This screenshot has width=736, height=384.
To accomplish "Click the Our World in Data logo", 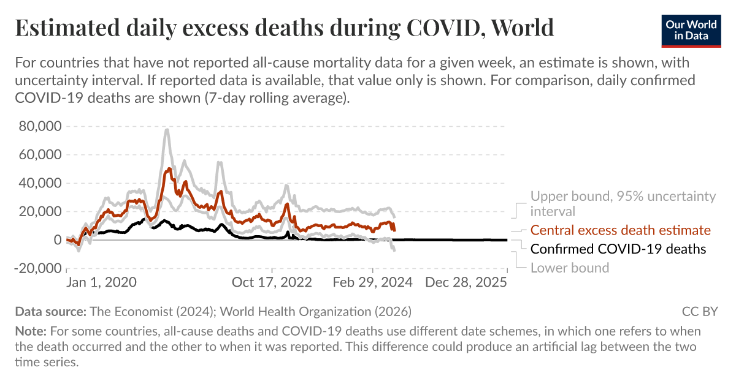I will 691,29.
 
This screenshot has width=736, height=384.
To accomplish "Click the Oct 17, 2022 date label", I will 271,283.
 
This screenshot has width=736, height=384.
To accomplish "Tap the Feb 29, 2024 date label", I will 373,283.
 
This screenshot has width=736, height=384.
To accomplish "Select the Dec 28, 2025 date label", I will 467,283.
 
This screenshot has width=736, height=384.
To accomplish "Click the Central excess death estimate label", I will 620,230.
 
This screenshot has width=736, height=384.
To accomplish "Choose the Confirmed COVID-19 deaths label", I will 618,249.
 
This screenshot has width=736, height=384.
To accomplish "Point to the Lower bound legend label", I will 569,268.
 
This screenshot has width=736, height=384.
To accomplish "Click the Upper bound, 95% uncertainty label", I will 623,197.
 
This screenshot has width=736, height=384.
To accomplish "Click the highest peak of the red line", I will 169,168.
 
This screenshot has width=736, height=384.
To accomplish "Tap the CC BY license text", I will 699,311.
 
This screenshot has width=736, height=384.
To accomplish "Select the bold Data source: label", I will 50,311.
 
